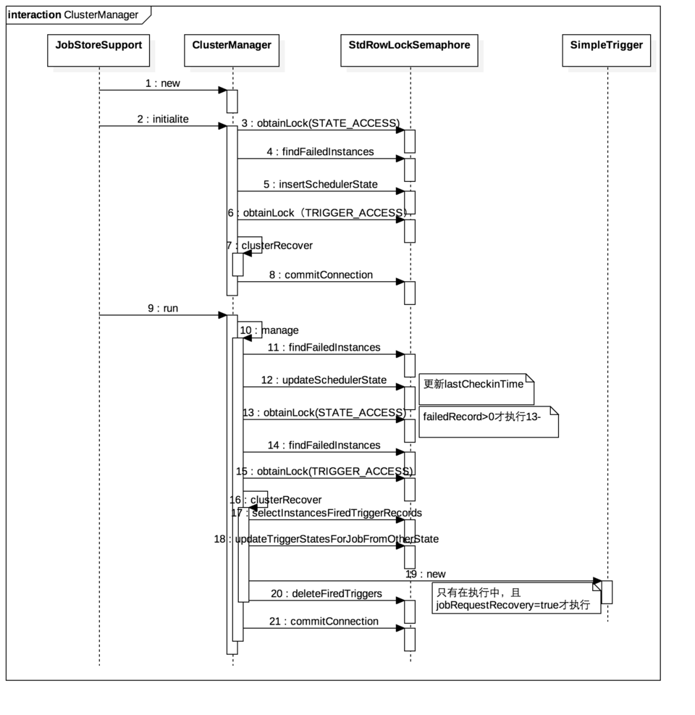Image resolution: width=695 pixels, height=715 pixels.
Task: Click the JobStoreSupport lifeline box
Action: (98, 50)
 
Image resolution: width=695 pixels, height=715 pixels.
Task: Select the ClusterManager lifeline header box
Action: (232, 50)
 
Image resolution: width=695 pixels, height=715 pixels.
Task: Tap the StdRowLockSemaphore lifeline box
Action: (409, 50)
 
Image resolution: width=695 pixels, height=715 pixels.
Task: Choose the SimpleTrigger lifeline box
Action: (607, 50)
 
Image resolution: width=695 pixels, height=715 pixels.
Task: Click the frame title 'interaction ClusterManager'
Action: (73, 14)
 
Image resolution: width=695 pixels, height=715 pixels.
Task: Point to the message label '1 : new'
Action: (163, 83)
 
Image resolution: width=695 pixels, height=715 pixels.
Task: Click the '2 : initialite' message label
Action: (163, 119)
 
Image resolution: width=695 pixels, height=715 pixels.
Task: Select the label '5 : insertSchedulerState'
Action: (321, 184)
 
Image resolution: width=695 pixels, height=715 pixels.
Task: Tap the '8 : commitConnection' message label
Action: (321, 275)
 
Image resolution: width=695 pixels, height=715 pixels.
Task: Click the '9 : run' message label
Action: (163, 309)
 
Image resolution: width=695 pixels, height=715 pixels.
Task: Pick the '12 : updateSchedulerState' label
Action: (324, 380)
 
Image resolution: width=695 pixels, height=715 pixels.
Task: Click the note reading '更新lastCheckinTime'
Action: (476, 389)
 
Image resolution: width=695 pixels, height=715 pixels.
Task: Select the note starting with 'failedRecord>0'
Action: (489, 422)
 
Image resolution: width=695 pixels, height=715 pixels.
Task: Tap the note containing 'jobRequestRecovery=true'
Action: (516, 598)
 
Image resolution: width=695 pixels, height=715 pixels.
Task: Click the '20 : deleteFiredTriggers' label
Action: (327, 594)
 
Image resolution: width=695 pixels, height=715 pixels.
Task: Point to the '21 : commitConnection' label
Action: (324, 622)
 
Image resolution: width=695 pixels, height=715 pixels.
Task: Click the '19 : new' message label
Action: (426, 574)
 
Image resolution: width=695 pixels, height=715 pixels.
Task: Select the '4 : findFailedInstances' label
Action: (321, 152)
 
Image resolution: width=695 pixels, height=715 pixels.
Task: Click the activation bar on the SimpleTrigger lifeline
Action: (607, 592)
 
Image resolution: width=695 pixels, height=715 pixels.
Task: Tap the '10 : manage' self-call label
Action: (269, 330)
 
